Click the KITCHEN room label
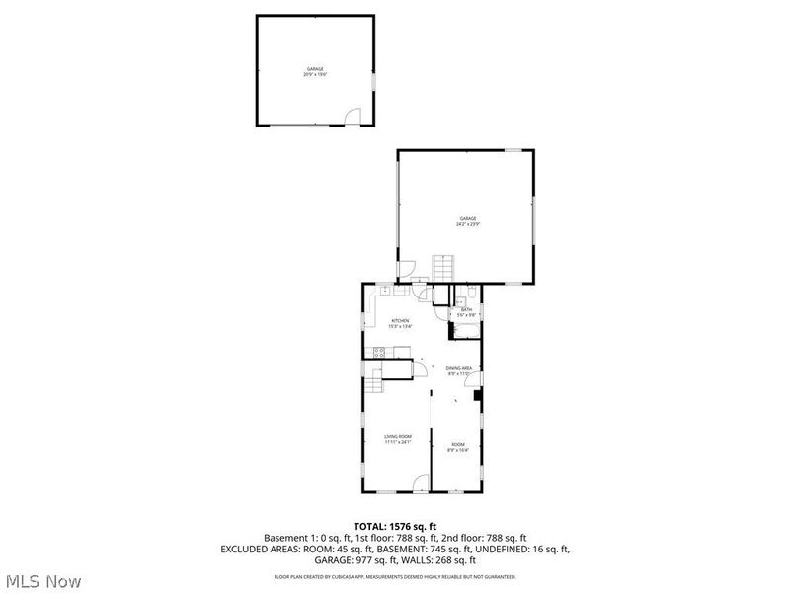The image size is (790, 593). tap(400, 322)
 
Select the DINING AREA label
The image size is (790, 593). tap(459, 370)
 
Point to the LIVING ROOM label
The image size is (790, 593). tap(398, 438)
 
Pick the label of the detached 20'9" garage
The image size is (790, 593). tap(314, 71)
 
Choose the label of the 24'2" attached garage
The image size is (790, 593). tap(467, 220)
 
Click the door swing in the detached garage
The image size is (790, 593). tap(351, 118)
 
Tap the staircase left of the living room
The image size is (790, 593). tap(372, 383)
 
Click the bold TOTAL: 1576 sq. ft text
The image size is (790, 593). tap(395, 525)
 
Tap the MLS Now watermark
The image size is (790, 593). tap(43, 581)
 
